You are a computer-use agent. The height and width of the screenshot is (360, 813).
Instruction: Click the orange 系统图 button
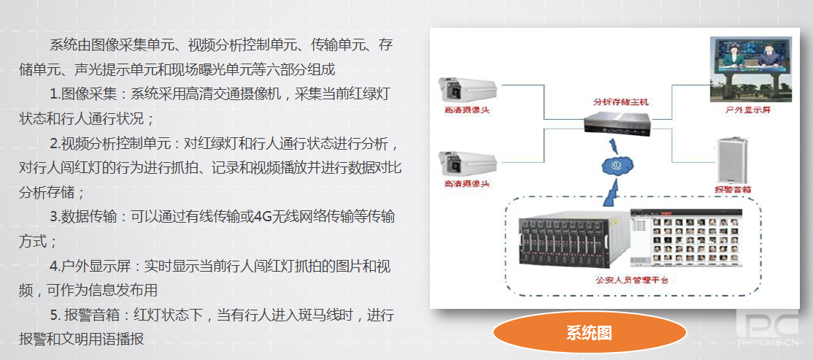tap(589, 333)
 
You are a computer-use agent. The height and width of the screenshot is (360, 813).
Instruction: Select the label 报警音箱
tap(733, 190)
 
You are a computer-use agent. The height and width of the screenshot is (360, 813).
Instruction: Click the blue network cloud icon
tap(617, 166)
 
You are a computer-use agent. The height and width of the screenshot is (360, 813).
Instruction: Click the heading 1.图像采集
tap(83, 94)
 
